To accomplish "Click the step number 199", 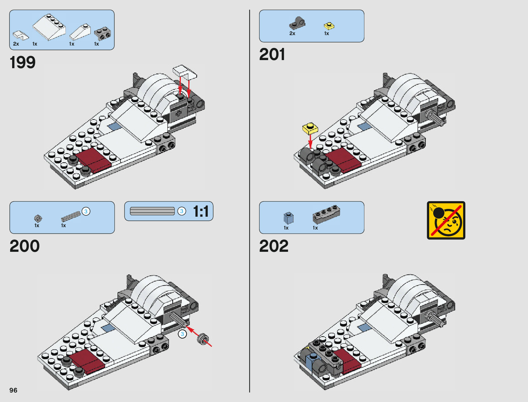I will [23, 62].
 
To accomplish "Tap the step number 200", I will [25, 246].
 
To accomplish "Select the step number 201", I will [272, 54].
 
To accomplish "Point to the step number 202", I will [274, 246].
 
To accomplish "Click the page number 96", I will [13, 390].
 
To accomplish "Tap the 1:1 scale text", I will [201, 212].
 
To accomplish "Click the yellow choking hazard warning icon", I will [446, 220].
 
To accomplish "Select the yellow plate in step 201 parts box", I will [329, 26].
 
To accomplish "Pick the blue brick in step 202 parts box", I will [288, 218].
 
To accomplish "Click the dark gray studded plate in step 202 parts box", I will [326, 214].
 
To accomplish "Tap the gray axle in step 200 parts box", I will [71, 216].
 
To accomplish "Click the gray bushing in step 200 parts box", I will [38, 219].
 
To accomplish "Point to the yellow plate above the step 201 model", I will [310, 129].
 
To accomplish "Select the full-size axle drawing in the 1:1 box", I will [152, 211].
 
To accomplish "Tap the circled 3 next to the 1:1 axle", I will [182, 211].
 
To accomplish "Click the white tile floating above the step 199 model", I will [185, 72].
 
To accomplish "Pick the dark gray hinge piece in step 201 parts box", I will [297, 23].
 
